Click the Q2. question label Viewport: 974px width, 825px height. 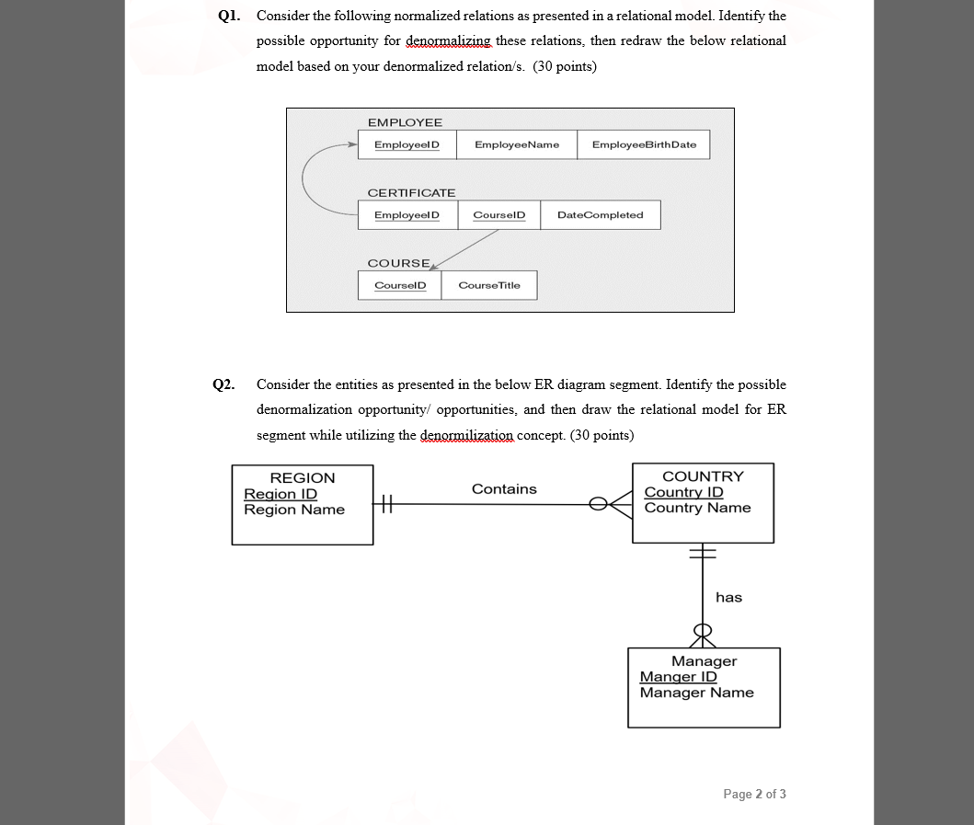click(223, 384)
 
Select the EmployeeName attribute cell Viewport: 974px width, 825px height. click(516, 144)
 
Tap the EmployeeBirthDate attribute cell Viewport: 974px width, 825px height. click(644, 144)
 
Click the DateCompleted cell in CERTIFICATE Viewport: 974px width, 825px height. click(600, 214)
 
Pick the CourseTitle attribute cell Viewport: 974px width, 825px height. click(488, 285)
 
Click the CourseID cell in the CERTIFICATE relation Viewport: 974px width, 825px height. click(498, 214)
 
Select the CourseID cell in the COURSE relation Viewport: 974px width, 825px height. click(400, 285)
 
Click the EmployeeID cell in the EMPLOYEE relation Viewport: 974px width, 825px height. click(407, 144)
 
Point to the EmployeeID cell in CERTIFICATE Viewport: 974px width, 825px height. click(407, 214)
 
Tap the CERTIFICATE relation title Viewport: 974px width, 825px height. click(411, 192)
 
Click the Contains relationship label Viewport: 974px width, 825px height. click(504, 489)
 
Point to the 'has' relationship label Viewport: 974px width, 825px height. click(728, 598)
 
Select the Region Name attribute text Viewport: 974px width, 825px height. click(294, 510)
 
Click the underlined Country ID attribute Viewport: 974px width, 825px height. click(683, 492)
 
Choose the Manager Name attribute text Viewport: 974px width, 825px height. click(696, 693)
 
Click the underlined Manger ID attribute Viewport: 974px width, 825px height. click(678, 677)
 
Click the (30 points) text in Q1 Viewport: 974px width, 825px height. click(565, 66)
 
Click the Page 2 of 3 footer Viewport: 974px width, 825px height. click(754, 794)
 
